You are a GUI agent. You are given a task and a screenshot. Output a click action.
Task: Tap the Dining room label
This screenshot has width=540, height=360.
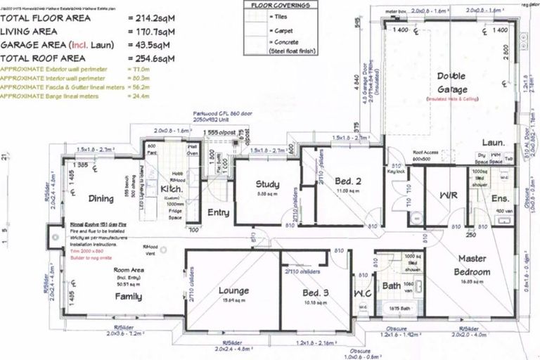click(x=101, y=199)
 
